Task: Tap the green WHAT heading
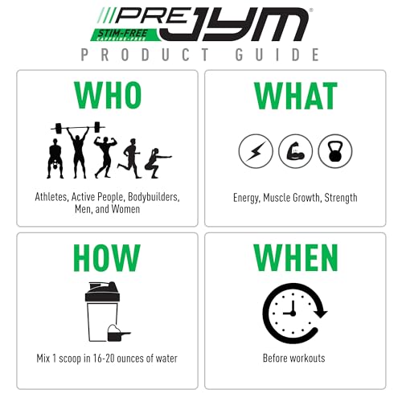(295, 96)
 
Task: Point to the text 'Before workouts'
(295, 358)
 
